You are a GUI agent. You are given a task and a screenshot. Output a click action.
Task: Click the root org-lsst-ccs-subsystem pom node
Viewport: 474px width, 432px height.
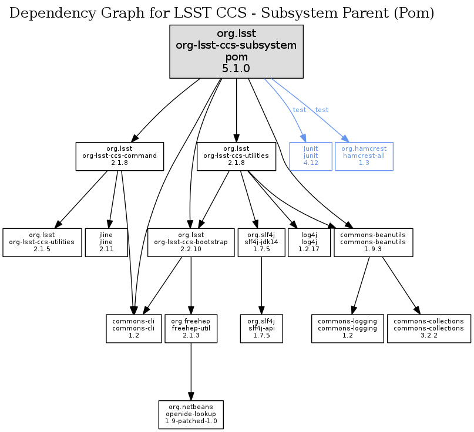click(236, 52)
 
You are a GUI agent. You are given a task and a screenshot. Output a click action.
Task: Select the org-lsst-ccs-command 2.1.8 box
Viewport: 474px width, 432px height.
click(119, 156)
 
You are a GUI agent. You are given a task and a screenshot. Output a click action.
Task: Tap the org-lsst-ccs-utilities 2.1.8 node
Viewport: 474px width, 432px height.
click(236, 156)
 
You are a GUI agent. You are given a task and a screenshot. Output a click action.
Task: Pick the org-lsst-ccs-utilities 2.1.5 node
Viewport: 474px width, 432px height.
click(42, 242)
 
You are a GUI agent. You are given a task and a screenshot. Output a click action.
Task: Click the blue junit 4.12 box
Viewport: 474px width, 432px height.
click(311, 156)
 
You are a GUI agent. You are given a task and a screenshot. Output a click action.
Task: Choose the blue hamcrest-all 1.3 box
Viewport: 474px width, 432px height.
click(364, 156)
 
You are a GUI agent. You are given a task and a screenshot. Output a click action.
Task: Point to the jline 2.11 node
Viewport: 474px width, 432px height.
click(106, 242)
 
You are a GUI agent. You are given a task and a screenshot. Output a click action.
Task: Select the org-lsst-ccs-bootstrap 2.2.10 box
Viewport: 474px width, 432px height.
click(190, 242)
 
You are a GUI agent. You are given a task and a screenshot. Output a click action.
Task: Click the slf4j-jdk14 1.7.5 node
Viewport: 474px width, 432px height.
click(261, 242)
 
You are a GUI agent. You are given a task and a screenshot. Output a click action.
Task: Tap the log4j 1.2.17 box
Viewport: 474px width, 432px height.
click(309, 242)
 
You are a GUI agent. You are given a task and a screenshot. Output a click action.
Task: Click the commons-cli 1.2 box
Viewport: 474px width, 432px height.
click(133, 328)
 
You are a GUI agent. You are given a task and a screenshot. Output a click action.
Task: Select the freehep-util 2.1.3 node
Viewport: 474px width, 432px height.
click(190, 328)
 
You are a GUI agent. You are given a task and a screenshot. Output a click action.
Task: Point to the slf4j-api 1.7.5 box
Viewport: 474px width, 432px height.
click(261, 328)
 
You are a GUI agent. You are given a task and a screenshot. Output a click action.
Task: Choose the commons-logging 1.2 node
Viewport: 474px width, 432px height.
click(347, 328)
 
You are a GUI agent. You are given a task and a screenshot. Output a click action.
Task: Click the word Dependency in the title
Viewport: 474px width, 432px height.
click(44, 14)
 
